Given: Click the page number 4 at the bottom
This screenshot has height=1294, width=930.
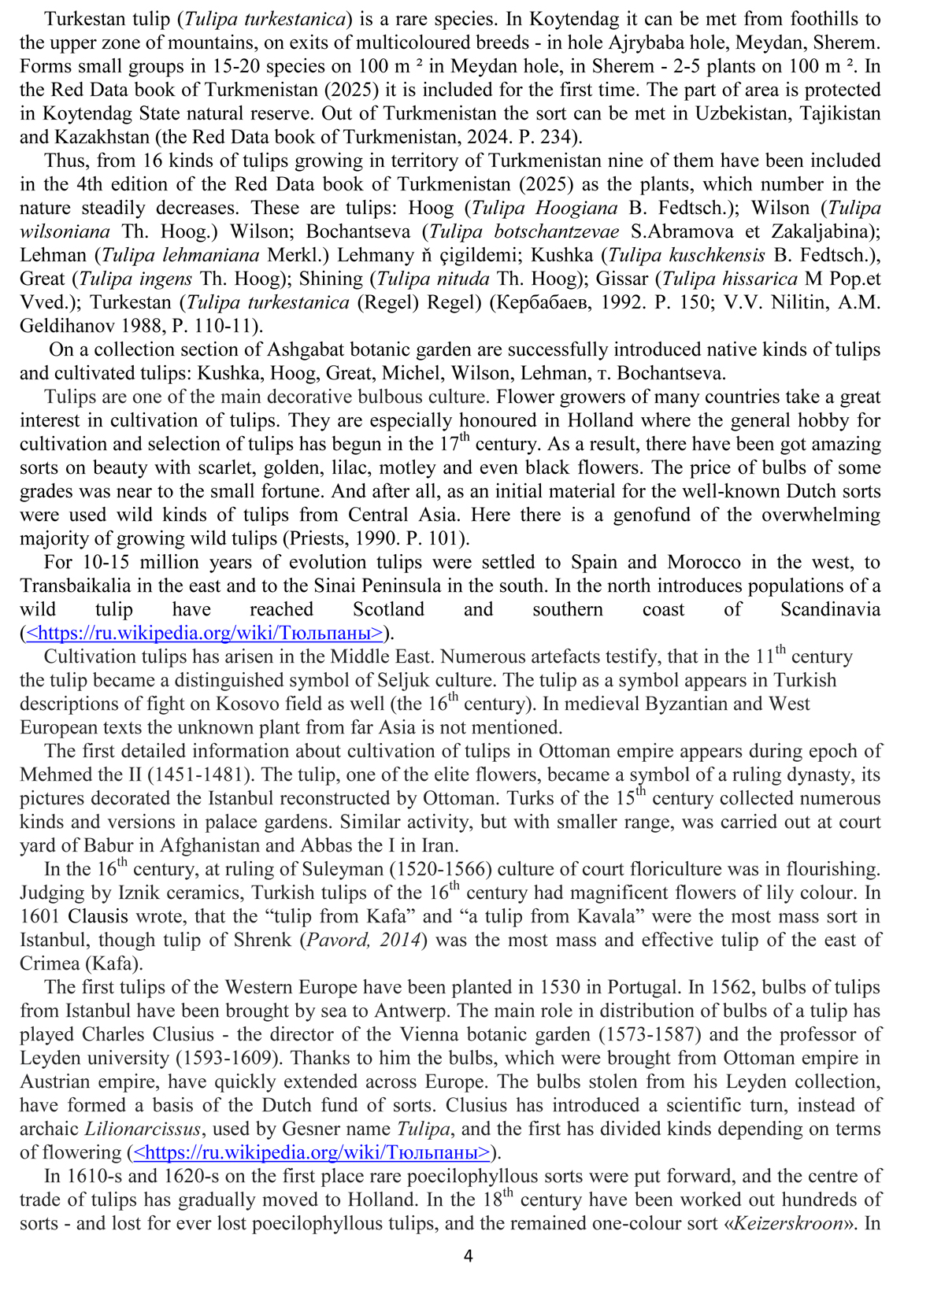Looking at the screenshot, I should tap(468, 1256).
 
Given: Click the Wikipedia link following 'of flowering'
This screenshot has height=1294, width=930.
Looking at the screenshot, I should tap(313, 1153).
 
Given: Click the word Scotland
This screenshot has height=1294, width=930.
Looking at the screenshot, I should tap(388, 610).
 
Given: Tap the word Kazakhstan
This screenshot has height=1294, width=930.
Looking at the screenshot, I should tap(85, 138).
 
